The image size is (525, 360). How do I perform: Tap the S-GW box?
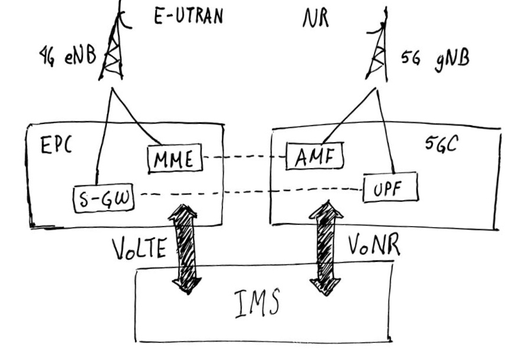tap(103, 198)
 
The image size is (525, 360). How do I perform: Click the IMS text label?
tap(255, 305)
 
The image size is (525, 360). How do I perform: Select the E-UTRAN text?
tap(188, 16)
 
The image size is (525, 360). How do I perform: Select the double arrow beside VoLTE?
tap(184, 248)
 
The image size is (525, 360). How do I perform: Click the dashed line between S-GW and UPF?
tap(248, 193)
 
